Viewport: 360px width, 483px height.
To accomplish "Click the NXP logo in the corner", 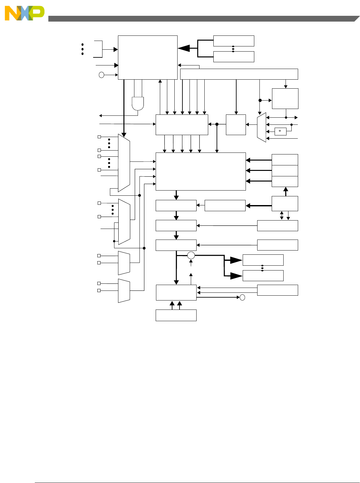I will (x=24, y=13).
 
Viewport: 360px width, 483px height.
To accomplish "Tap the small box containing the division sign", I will (x=280, y=131).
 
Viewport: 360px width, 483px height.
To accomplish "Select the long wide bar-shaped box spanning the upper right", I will (x=239, y=74).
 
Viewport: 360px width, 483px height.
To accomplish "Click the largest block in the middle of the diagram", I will (x=200, y=171).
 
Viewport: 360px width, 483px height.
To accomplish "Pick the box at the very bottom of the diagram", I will (x=176, y=315).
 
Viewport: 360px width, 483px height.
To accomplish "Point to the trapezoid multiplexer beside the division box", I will (x=261, y=127).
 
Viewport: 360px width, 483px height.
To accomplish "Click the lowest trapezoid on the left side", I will (x=124, y=291).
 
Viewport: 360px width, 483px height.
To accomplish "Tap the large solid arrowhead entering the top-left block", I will (x=184, y=48).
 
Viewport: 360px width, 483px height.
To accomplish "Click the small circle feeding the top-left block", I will (x=102, y=75).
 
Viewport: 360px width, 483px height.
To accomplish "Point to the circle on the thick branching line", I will (x=191, y=256).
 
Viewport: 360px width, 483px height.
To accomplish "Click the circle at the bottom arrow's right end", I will (x=242, y=297).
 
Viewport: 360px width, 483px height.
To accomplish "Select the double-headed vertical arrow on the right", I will (x=282, y=215).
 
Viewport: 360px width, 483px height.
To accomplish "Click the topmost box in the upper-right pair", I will (x=234, y=41).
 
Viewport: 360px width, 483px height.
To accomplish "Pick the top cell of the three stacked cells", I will (x=285, y=160).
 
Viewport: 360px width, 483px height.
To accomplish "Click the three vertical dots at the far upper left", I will (x=83, y=49).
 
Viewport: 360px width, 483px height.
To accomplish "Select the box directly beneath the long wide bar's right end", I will (x=285, y=99).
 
